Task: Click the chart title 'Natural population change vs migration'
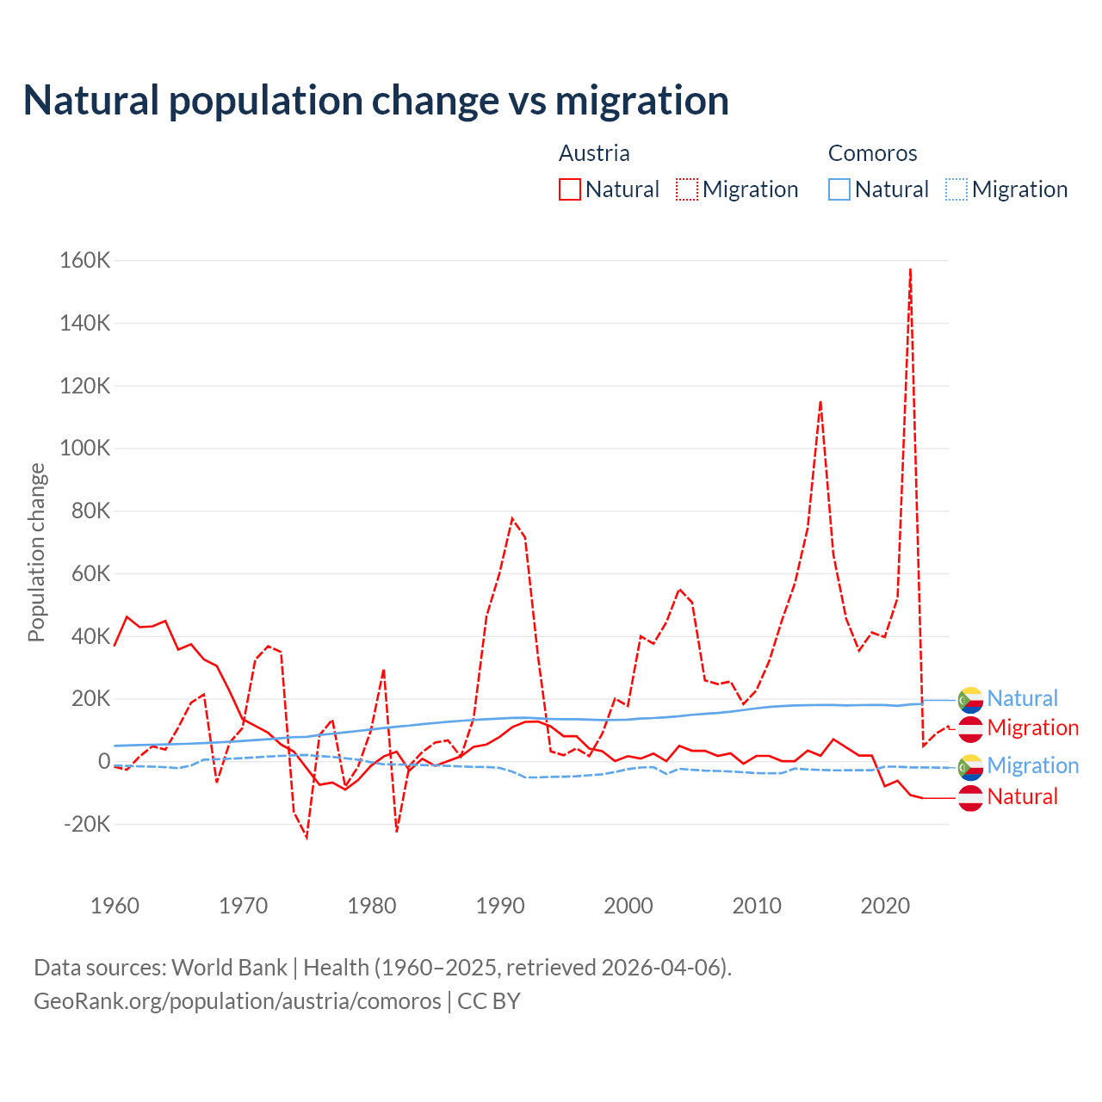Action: pyautogui.click(x=376, y=101)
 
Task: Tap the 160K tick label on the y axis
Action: pyautogui.click(x=84, y=260)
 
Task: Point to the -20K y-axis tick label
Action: pyautogui.click(x=87, y=824)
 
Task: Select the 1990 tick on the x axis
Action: pyautogui.click(x=500, y=906)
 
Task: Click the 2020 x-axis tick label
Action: pyautogui.click(x=885, y=906)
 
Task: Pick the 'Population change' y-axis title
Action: pyautogui.click(x=36, y=552)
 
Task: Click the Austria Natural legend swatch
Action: pyautogui.click(x=570, y=189)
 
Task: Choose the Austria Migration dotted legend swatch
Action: pyautogui.click(x=687, y=189)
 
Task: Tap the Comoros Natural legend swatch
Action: pyautogui.click(x=839, y=189)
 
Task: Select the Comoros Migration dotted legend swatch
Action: pyautogui.click(x=957, y=189)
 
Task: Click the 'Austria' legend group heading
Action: pyautogui.click(x=594, y=153)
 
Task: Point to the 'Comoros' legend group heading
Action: pyautogui.click(x=872, y=153)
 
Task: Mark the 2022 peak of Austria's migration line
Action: pyautogui.click(x=910, y=269)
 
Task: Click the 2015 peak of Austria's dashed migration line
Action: pyautogui.click(x=820, y=401)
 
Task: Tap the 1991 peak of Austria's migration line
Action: pyautogui.click(x=512, y=518)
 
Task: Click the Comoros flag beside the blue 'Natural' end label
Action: pyautogui.click(x=970, y=699)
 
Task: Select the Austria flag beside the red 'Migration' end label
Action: pyautogui.click(x=970, y=728)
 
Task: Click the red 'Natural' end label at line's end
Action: pyautogui.click(x=1022, y=797)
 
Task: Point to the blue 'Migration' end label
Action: pyautogui.click(x=1032, y=765)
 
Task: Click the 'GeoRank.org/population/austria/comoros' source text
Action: pyautogui.click(x=237, y=1001)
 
